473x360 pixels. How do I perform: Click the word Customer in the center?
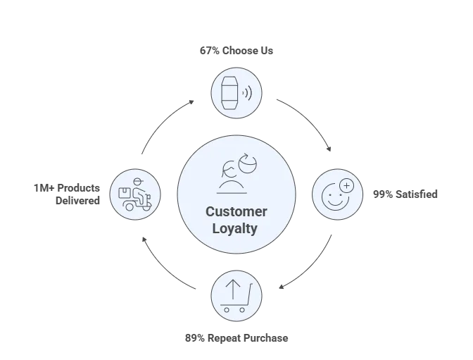click(x=236, y=213)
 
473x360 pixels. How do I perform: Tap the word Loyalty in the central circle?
click(x=236, y=228)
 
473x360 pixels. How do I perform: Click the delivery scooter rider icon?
click(x=135, y=192)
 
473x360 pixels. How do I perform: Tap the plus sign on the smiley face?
click(x=346, y=185)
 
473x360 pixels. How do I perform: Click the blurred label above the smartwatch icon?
click(x=236, y=51)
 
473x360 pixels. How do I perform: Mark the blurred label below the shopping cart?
click(x=236, y=338)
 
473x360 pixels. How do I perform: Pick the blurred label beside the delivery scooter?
click(x=68, y=192)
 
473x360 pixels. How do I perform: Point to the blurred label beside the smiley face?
click(x=404, y=194)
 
